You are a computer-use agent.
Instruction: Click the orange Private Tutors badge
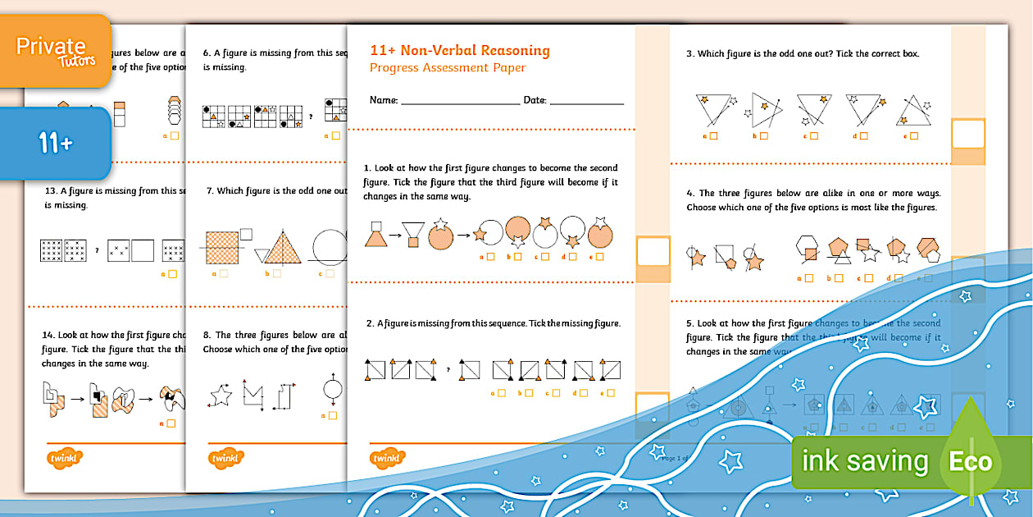coord(55,51)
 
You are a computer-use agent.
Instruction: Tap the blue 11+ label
coord(55,144)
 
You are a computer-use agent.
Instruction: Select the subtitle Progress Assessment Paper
coord(448,68)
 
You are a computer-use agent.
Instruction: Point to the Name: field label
coord(384,100)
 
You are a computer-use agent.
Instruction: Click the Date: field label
coord(535,100)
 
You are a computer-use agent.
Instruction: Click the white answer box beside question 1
coord(653,251)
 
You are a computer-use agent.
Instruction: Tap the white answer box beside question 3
coord(967,133)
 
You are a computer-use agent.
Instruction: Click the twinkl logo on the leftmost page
coord(62,458)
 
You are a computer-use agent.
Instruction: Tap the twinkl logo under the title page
coord(388,458)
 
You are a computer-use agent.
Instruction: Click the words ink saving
coord(864,462)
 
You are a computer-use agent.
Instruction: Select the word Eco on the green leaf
coord(971,462)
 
